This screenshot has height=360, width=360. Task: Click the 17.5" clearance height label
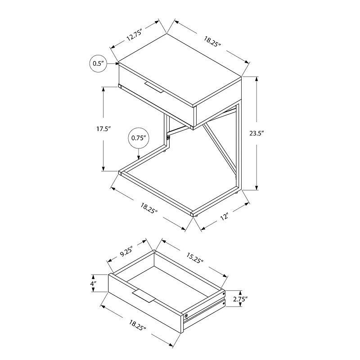pos(103,129)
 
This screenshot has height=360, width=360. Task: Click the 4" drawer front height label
pos(93,284)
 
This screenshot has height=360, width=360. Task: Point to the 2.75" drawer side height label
pos(240,298)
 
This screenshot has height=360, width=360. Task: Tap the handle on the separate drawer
pos(144,297)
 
